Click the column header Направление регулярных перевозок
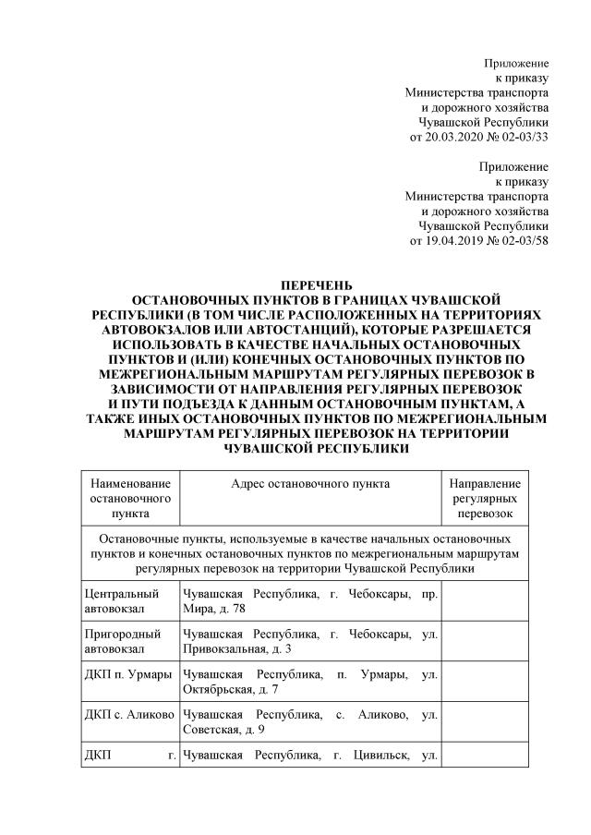tap(485, 498)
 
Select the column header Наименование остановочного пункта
tap(130, 498)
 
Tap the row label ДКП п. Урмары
tap(127, 675)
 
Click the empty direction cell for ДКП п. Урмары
tap(485, 683)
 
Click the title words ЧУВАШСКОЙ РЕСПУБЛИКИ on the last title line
tap(316, 447)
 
